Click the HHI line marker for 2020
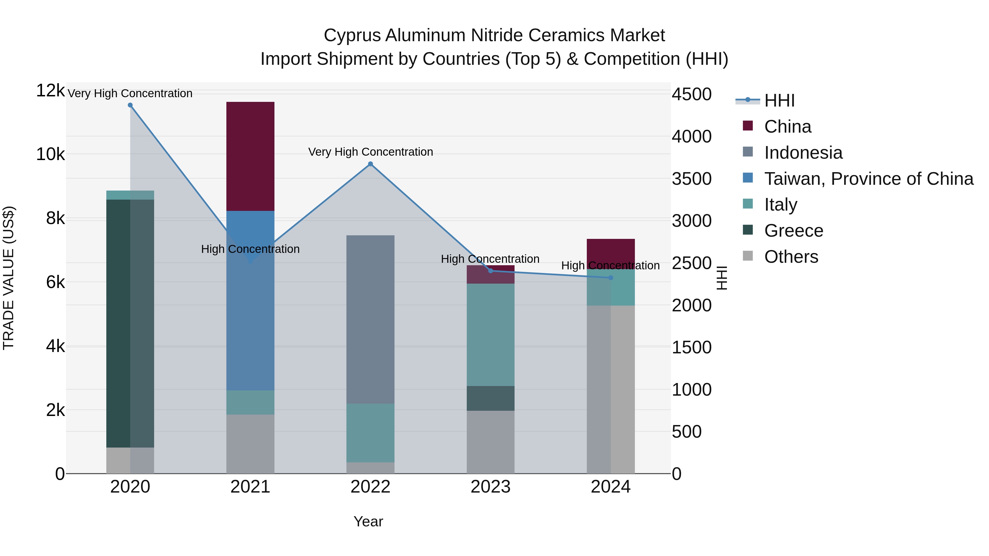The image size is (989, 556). coord(130,105)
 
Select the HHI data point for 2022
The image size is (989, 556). coord(371,164)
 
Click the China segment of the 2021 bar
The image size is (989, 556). coord(250,156)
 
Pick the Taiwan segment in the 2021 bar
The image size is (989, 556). coord(250,307)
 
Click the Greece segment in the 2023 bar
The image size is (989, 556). coord(490,398)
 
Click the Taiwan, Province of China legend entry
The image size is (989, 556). coord(868,179)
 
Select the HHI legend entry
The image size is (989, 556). coord(779,100)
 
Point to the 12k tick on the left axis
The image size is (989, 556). coord(50,91)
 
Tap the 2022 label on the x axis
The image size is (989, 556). coord(371,487)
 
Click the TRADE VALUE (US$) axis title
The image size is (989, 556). coord(9,278)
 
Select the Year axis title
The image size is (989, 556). coord(368,521)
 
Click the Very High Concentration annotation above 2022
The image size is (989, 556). coord(371,152)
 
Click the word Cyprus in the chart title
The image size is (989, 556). coord(352,35)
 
